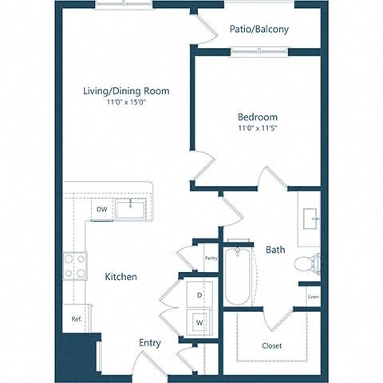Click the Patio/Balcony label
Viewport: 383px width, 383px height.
(259, 30)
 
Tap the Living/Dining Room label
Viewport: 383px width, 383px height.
(126, 91)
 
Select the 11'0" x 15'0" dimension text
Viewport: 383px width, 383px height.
(126, 102)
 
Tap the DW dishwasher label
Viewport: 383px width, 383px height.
(102, 210)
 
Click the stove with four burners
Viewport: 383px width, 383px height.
(75, 266)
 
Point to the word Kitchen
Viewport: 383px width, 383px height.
(120, 277)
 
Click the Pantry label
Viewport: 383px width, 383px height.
(211, 258)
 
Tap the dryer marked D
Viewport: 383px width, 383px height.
(199, 295)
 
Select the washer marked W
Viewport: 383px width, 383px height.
(199, 322)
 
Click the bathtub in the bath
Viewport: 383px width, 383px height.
(238, 276)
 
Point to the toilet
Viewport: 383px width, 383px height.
(307, 263)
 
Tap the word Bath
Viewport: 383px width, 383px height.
(275, 250)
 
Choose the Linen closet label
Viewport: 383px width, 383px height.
(314, 297)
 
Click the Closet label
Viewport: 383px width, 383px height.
(272, 345)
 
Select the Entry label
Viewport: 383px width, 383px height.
(150, 343)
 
